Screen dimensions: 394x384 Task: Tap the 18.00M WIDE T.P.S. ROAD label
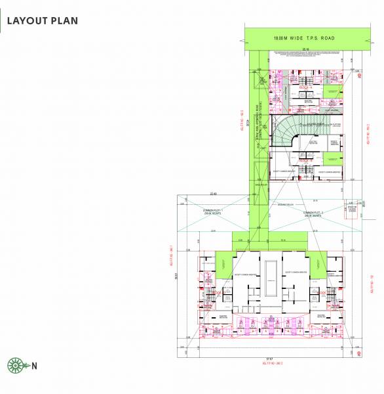[304, 38]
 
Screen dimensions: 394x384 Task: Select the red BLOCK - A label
[305, 87]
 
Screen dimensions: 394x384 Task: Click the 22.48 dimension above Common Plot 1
[212, 193]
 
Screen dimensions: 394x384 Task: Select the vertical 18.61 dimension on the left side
[176, 278]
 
